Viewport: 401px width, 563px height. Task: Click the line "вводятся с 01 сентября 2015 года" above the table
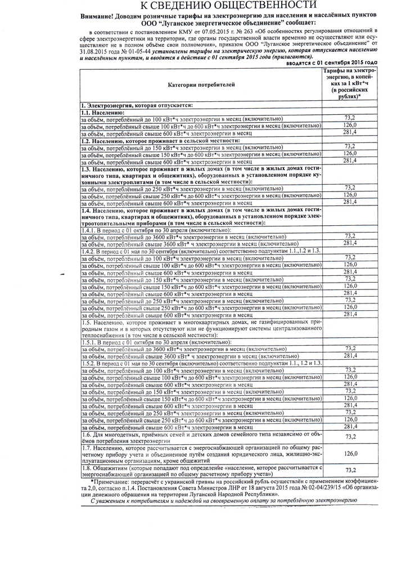click(332, 63)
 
